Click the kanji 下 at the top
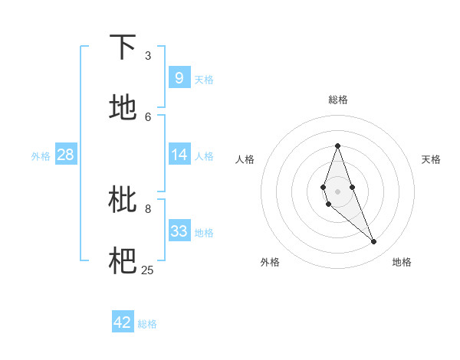click(x=123, y=47)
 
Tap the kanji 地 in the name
click(x=123, y=108)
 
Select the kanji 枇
click(x=123, y=200)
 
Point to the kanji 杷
click(x=123, y=261)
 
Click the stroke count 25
click(x=148, y=270)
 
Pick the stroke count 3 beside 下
click(x=148, y=55)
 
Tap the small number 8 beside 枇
click(x=148, y=208)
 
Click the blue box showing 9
click(x=179, y=78)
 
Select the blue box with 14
click(x=179, y=155)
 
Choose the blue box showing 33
click(x=179, y=231)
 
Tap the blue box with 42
click(x=123, y=322)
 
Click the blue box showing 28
click(x=66, y=155)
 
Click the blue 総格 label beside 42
click(x=147, y=324)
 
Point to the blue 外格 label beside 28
click(x=41, y=156)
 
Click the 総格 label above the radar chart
click(x=337, y=100)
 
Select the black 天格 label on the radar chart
click(x=431, y=159)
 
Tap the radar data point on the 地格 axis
click(x=374, y=242)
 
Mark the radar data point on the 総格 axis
click(x=337, y=146)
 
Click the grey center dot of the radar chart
click(x=337, y=191)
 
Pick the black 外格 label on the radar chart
click(x=270, y=262)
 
